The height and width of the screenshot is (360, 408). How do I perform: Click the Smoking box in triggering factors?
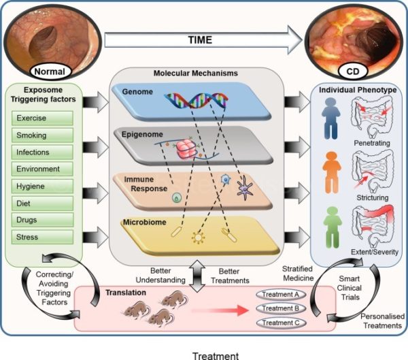42,135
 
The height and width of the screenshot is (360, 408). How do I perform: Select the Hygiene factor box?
42,186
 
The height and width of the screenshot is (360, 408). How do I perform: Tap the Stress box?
42,237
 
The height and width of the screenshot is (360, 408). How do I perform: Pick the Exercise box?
42,118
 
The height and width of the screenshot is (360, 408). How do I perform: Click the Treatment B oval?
281,308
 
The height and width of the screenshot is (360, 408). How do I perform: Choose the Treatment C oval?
281,323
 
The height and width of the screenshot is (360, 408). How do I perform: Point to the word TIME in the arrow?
200,40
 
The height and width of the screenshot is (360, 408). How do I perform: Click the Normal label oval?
50,71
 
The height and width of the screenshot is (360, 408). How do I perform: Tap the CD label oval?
353,71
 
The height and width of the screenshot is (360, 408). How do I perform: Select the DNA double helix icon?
197,100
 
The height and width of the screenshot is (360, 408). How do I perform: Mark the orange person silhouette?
332,172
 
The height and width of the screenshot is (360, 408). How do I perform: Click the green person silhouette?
333,227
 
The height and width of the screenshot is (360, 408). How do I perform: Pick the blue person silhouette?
331,118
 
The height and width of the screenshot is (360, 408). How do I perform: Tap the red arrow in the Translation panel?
220,310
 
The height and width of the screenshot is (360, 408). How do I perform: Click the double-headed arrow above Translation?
197,276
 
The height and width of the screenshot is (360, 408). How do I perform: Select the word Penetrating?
372,143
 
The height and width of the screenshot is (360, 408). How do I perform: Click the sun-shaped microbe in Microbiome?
198,238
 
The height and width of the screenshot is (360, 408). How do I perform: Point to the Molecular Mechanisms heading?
196,73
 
